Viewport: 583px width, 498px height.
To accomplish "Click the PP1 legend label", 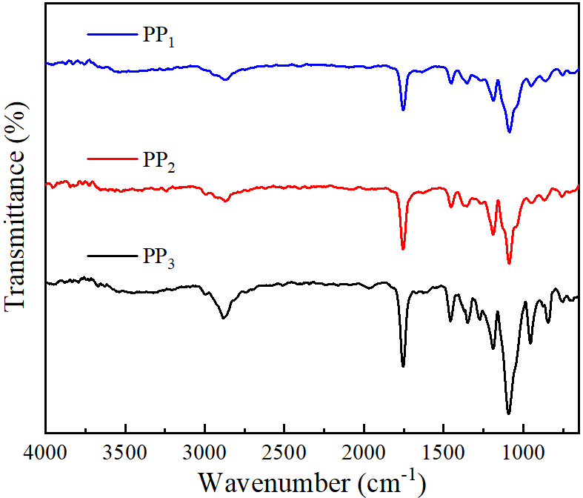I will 158,37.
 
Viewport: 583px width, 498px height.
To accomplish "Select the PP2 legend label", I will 158,161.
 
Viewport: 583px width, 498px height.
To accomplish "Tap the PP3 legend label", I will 158,259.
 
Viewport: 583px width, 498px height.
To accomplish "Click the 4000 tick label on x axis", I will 46,451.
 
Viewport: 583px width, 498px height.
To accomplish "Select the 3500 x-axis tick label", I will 126,451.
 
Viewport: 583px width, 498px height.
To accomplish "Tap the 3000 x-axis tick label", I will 205,451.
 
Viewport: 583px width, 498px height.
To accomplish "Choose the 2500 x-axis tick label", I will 284,451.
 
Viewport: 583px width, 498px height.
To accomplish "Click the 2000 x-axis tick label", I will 364,451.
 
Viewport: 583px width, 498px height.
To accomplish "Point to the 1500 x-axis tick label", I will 444,451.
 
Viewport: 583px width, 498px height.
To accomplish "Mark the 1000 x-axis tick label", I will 523,451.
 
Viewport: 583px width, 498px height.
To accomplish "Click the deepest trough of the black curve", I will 509,414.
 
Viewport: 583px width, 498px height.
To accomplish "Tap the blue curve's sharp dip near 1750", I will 403,110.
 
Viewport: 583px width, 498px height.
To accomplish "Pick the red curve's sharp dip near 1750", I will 403,249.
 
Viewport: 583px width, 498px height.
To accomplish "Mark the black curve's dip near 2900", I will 224,318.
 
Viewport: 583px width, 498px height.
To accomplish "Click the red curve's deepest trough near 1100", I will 509,263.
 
